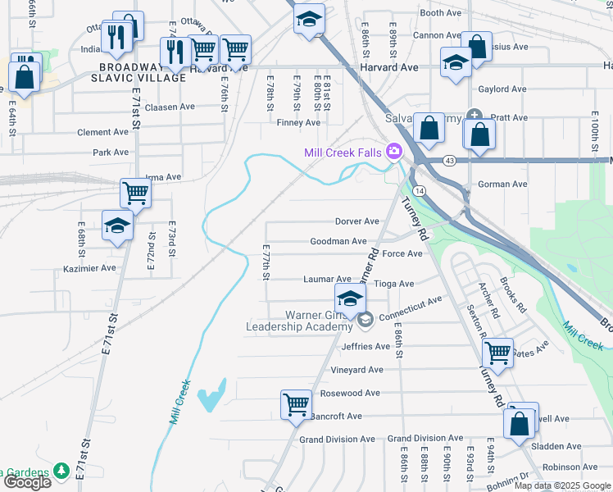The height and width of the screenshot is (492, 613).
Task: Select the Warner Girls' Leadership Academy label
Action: coord(299,321)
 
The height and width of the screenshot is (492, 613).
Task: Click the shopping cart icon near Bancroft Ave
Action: coord(295,403)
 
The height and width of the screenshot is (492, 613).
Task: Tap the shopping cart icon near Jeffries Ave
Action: coord(498,353)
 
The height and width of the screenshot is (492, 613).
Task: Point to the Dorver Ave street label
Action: coord(356,221)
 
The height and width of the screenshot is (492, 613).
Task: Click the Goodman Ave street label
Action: coord(338,241)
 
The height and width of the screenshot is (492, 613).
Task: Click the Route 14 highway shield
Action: coord(419,190)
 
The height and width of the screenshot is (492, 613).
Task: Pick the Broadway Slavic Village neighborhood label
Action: coord(142,72)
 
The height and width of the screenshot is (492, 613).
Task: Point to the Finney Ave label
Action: coord(298,123)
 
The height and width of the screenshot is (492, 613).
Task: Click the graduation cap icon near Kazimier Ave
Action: coord(117,225)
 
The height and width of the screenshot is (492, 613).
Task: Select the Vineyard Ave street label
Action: coord(356,370)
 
